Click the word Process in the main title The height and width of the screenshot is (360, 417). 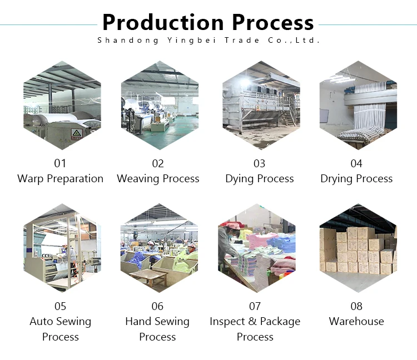tap(272, 22)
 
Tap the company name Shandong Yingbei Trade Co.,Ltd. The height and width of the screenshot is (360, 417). tap(209, 40)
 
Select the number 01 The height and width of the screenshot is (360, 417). tap(60, 163)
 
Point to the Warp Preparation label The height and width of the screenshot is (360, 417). tap(60, 179)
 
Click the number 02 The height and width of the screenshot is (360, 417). tap(158, 163)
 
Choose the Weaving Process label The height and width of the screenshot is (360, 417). tap(158, 179)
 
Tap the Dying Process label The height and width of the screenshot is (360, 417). tap(260, 179)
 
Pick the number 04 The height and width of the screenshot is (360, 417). tap(356, 163)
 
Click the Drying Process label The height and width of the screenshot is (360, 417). tap(356, 179)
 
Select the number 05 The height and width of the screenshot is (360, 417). tap(60, 306)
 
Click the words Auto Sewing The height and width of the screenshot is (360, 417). tap(60, 322)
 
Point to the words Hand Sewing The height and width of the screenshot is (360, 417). tap(157, 322)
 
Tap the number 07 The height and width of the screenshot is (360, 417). tap(255, 306)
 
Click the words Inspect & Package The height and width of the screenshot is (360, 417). tap(255, 322)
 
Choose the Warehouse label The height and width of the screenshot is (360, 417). tap(356, 322)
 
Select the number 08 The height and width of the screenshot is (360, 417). tap(356, 306)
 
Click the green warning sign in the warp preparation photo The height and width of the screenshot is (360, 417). tap(76, 133)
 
